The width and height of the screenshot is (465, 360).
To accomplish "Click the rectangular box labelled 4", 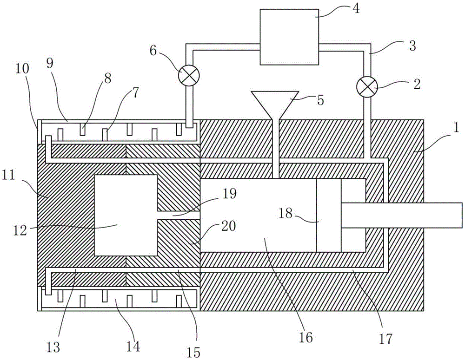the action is coord(289,37).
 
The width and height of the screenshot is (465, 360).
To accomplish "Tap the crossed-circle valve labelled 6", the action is coord(189,75).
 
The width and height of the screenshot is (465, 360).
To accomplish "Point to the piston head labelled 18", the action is coord(329,216).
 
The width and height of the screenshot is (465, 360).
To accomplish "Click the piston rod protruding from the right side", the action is coord(402,216).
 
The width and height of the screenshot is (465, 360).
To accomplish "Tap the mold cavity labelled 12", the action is coord(126,215).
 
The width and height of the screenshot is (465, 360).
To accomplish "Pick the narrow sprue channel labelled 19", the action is coord(179,216).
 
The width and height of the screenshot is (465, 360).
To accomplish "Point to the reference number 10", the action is coord(22,69).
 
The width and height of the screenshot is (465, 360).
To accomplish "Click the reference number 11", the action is coord(8,176).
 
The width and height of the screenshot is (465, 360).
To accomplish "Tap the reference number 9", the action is coord(50,65).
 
